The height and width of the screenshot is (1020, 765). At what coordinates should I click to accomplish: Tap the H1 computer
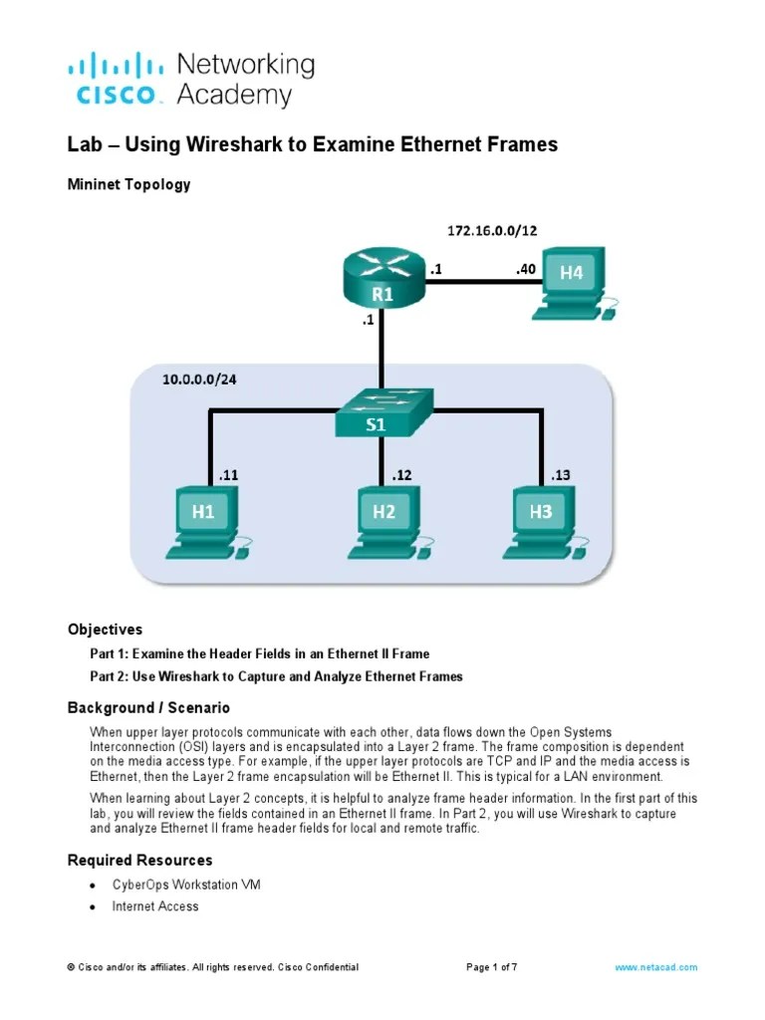(x=203, y=518)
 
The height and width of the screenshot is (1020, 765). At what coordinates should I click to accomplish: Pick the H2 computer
(x=384, y=518)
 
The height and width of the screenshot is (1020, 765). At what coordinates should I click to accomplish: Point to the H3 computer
(x=541, y=518)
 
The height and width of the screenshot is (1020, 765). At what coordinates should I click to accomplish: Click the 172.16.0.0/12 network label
(x=491, y=230)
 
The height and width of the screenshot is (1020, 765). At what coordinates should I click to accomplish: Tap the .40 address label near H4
(x=525, y=269)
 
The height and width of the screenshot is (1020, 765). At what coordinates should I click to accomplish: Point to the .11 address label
(x=228, y=475)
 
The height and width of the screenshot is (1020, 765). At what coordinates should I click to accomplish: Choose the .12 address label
(x=400, y=475)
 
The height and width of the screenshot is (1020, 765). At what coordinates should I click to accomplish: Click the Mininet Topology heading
(x=128, y=184)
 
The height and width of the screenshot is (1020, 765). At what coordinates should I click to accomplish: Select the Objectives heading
(x=105, y=630)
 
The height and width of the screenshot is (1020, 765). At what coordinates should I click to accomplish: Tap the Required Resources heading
(x=139, y=860)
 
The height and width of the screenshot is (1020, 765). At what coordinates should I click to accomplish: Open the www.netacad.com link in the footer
(x=656, y=967)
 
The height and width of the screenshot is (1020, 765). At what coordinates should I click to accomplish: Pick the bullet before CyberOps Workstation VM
(x=93, y=886)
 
